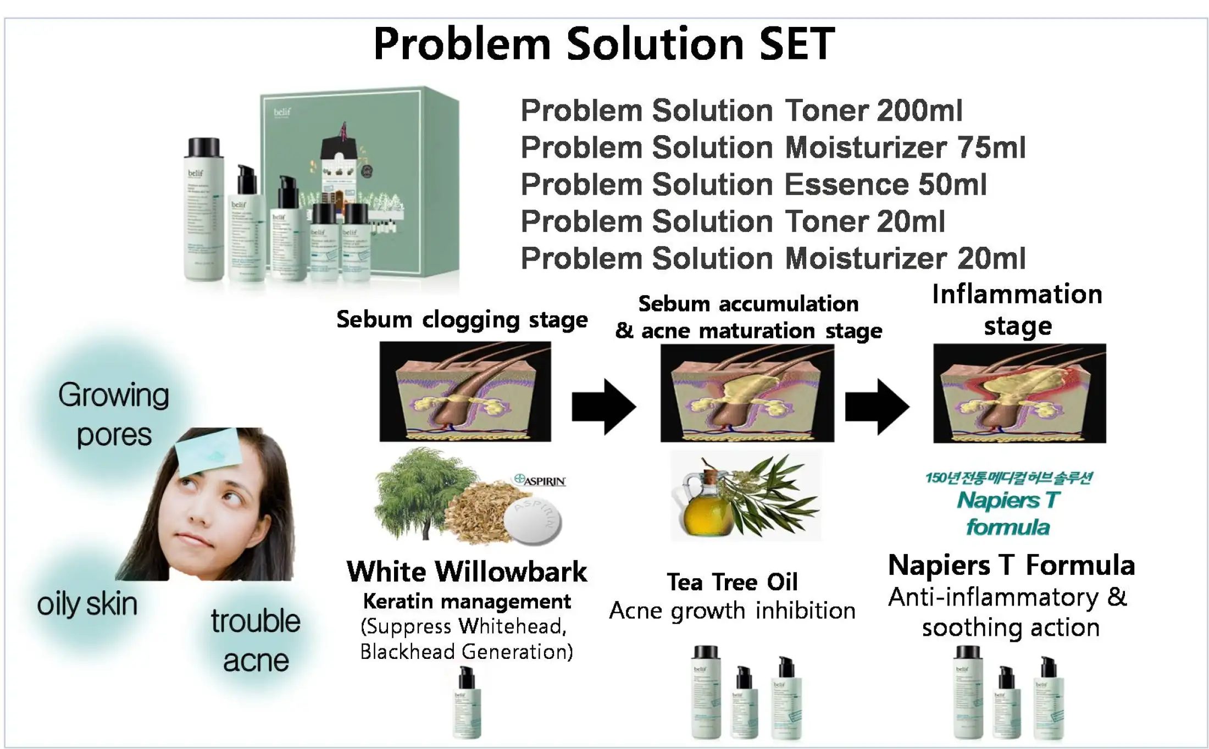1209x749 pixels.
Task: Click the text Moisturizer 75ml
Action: [x=905, y=147]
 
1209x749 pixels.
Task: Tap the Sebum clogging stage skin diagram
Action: [x=465, y=391]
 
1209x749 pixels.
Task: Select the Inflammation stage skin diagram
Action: [x=1019, y=393]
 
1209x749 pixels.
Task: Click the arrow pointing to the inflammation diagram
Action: [x=877, y=407]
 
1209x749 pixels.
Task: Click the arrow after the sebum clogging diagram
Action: [x=604, y=407]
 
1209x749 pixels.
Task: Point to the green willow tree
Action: [x=420, y=489]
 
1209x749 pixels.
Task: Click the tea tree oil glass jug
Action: [x=701, y=508]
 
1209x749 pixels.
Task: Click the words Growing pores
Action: [x=114, y=415]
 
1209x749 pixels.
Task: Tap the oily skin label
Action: [x=87, y=604]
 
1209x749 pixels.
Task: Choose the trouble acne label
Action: [x=256, y=640]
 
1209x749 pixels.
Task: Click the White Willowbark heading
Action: [x=467, y=572]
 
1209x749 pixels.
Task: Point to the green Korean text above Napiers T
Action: [x=1008, y=478]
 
